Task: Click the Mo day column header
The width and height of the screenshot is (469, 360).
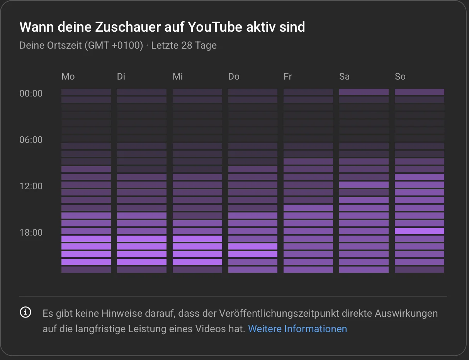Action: point(68,76)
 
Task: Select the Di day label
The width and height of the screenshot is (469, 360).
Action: point(121,76)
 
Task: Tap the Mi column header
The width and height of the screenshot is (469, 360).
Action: point(178,76)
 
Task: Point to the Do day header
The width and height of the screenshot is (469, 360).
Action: point(234,76)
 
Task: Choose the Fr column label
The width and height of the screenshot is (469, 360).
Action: point(287,76)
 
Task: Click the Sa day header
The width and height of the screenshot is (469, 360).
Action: point(344,76)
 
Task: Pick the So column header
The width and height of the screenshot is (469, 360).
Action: point(400,76)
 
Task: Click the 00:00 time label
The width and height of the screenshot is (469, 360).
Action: point(31,93)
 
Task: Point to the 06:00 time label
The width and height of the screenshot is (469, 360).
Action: point(31,140)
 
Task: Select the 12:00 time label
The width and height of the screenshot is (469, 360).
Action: point(31,186)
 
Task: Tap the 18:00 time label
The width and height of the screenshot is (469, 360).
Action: point(31,233)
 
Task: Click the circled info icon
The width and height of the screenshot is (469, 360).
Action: point(25,312)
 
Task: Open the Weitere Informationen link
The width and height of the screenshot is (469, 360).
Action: point(297,329)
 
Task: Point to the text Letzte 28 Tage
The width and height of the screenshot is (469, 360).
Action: point(184,45)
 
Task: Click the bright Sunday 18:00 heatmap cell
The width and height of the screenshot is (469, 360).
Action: point(419,231)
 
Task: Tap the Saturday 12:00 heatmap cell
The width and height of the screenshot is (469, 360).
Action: point(364,185)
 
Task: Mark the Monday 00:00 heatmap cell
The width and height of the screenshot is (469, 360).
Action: point(86,92)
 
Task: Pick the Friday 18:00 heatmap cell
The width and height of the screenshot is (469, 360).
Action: point(308,231)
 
